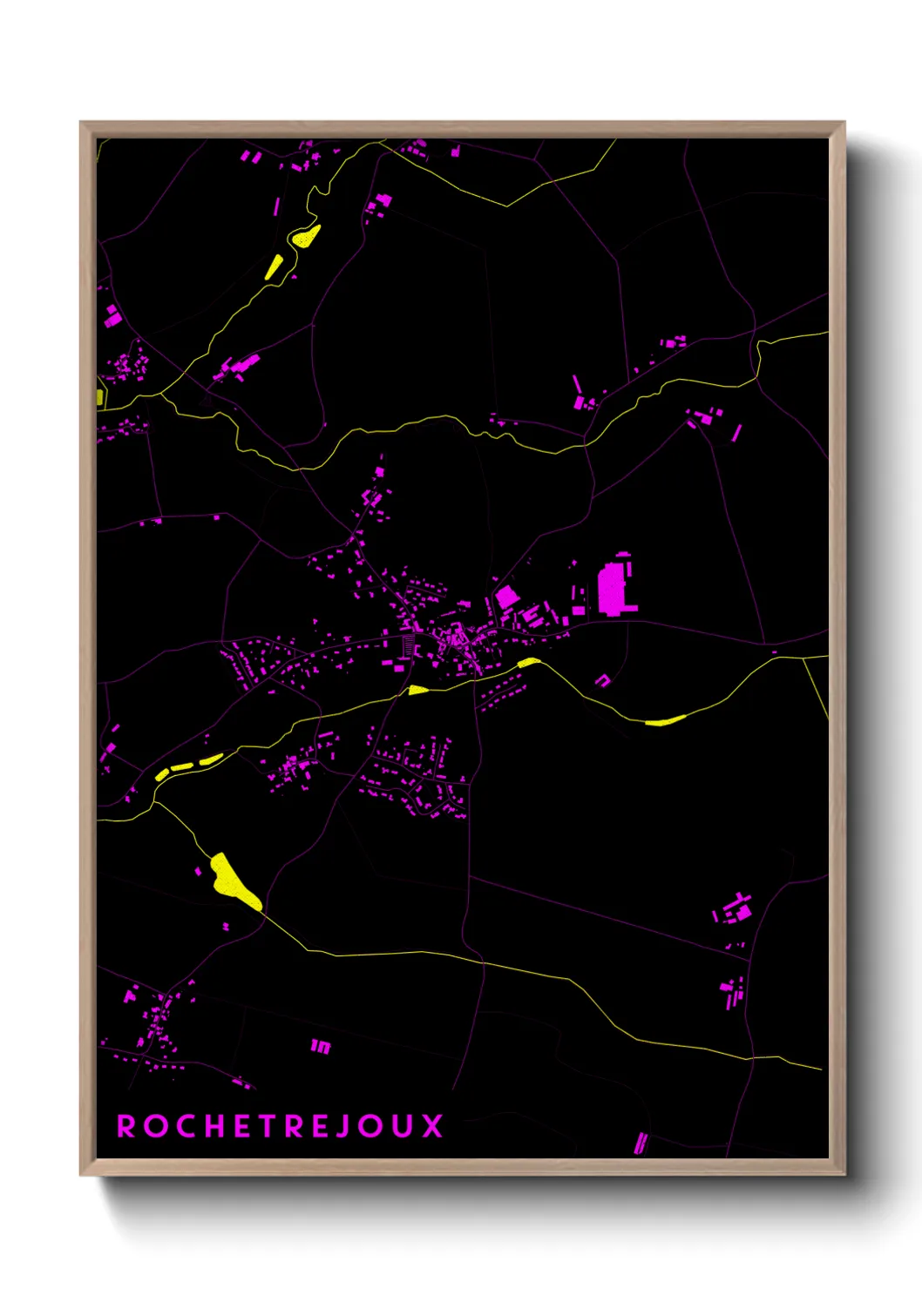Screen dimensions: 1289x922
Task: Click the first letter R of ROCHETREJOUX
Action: pos(127,1126)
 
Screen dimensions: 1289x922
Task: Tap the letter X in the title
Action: pos(433,1126)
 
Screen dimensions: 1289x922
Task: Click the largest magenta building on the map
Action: pos(612,589)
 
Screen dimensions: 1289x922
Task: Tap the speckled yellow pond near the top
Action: pos(305,236)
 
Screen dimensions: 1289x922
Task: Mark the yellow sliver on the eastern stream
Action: pos(665,720)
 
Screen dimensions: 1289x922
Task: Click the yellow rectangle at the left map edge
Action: pos(100,397)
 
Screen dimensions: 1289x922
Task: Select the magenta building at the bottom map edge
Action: pos(641,1143)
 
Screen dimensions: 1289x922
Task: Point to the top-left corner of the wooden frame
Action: pos(81,123)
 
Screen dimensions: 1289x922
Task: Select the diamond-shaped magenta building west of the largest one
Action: pos(506,597)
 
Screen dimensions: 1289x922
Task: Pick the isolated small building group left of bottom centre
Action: pos(321,1046)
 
